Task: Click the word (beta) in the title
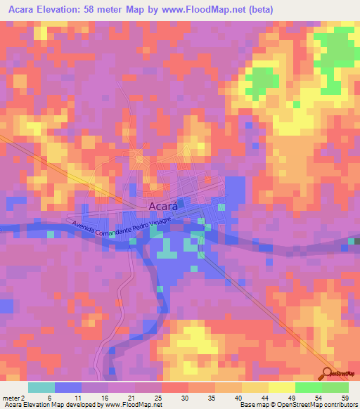(x=257, y=10)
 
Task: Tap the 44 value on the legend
(x=256, y=398)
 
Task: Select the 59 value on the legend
(x=336, y=398)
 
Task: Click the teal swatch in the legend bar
(x=41, y=387)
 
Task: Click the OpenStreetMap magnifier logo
(x=327, y=374)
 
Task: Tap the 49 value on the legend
(x=283, y=398)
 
